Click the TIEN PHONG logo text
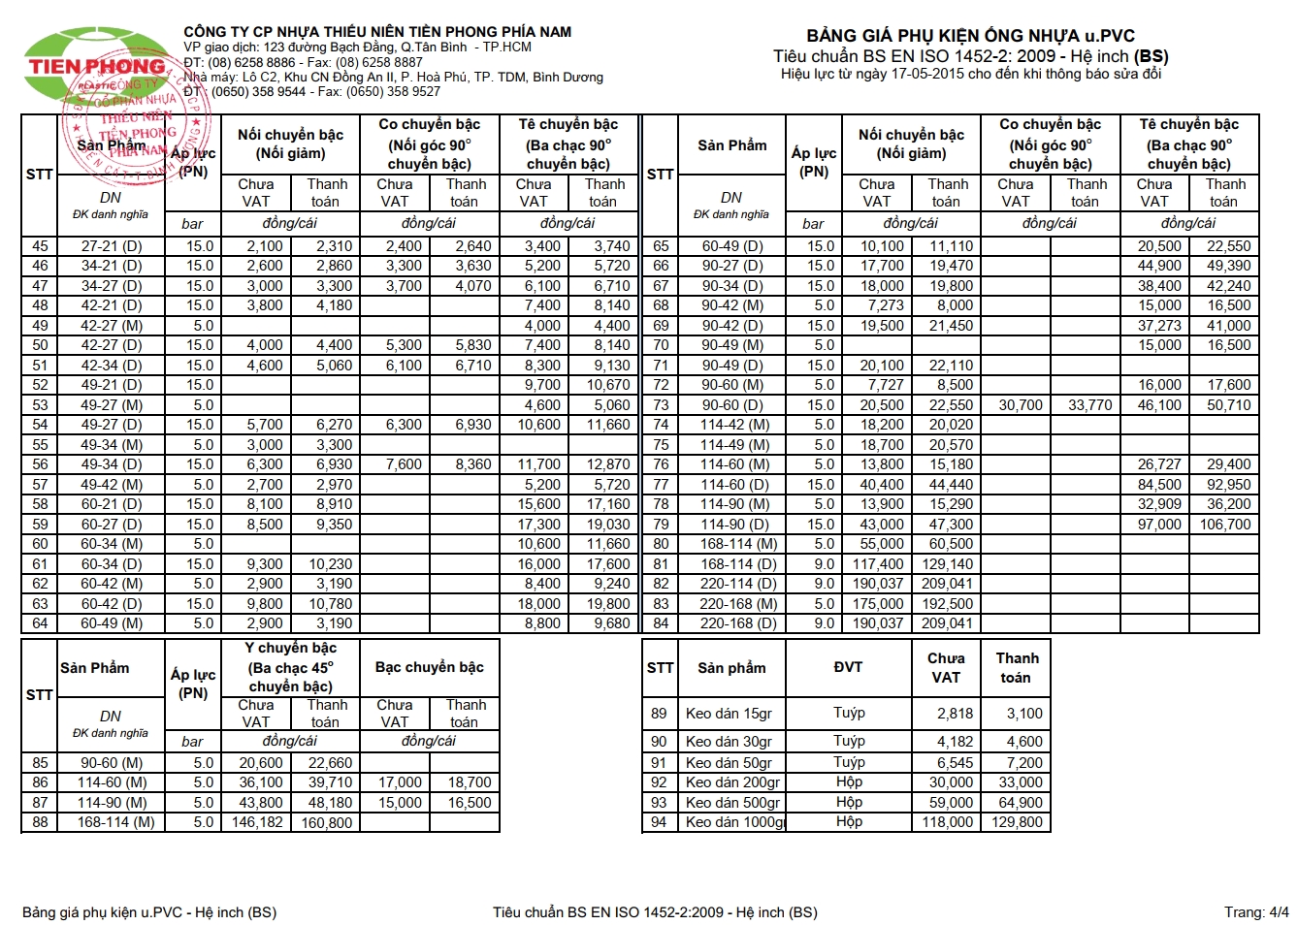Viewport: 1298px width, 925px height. (97, 66)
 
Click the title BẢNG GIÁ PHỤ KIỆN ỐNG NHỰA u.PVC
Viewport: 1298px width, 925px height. (970, 36)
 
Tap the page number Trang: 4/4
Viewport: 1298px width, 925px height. (1256, 911)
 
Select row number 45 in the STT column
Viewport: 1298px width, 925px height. (40, 246)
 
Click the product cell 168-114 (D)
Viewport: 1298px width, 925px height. (739, 564)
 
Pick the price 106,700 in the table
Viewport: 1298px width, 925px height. (1225, 525)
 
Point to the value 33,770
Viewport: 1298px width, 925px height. (1089, 405)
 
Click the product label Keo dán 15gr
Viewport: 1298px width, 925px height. (729, 714)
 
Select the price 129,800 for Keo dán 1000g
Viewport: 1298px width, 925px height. (1016, 822)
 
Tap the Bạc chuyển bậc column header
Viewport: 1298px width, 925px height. (429, 667)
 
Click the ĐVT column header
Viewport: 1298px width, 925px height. (848, 667)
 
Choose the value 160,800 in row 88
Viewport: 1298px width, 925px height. (326, 823)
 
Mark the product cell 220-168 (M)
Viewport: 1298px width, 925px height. (739, 604)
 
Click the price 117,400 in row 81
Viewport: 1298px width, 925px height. (878, 564)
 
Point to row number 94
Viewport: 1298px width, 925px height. (660, 822)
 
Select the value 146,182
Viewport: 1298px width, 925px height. (257, 822)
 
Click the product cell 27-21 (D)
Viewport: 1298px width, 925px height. (112, 246)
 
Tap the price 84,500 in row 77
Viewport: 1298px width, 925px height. (1159, 485)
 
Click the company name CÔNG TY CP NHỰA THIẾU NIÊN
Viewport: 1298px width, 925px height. (377, 32)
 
